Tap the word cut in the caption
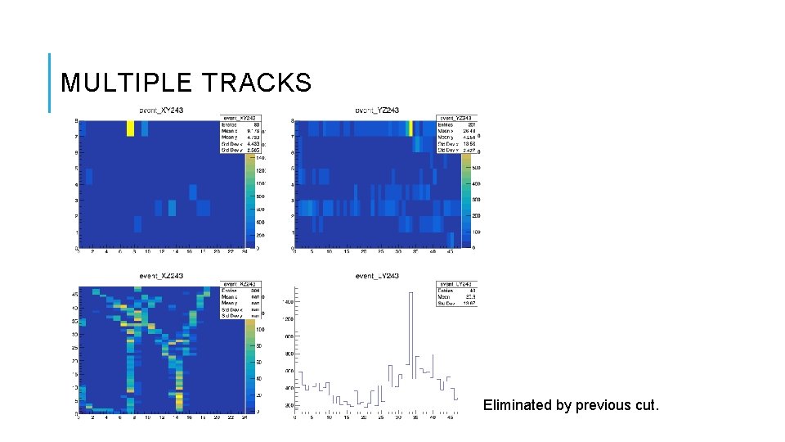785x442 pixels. pyautogui.click(x=644, y=404)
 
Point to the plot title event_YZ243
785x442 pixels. pyautogui.click(x=377, y=110)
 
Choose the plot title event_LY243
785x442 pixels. pyautogui.click(x=377, y=276)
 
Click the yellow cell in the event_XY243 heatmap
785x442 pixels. pyautogui.click(x=130, y=129)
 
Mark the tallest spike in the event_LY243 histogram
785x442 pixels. pyautogui.click(x=410, y=327)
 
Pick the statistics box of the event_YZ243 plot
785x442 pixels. pyautogui.click(x=456, y=134)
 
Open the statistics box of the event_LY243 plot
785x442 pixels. pyautogui.click(x=456, y=294)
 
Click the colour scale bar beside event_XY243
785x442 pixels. pyautogui.click(x=249, y=201)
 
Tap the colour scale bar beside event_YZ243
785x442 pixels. pyautogui.click(x=467, y=201)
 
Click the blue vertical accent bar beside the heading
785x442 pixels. pyautogui.click(x=49, y=83)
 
